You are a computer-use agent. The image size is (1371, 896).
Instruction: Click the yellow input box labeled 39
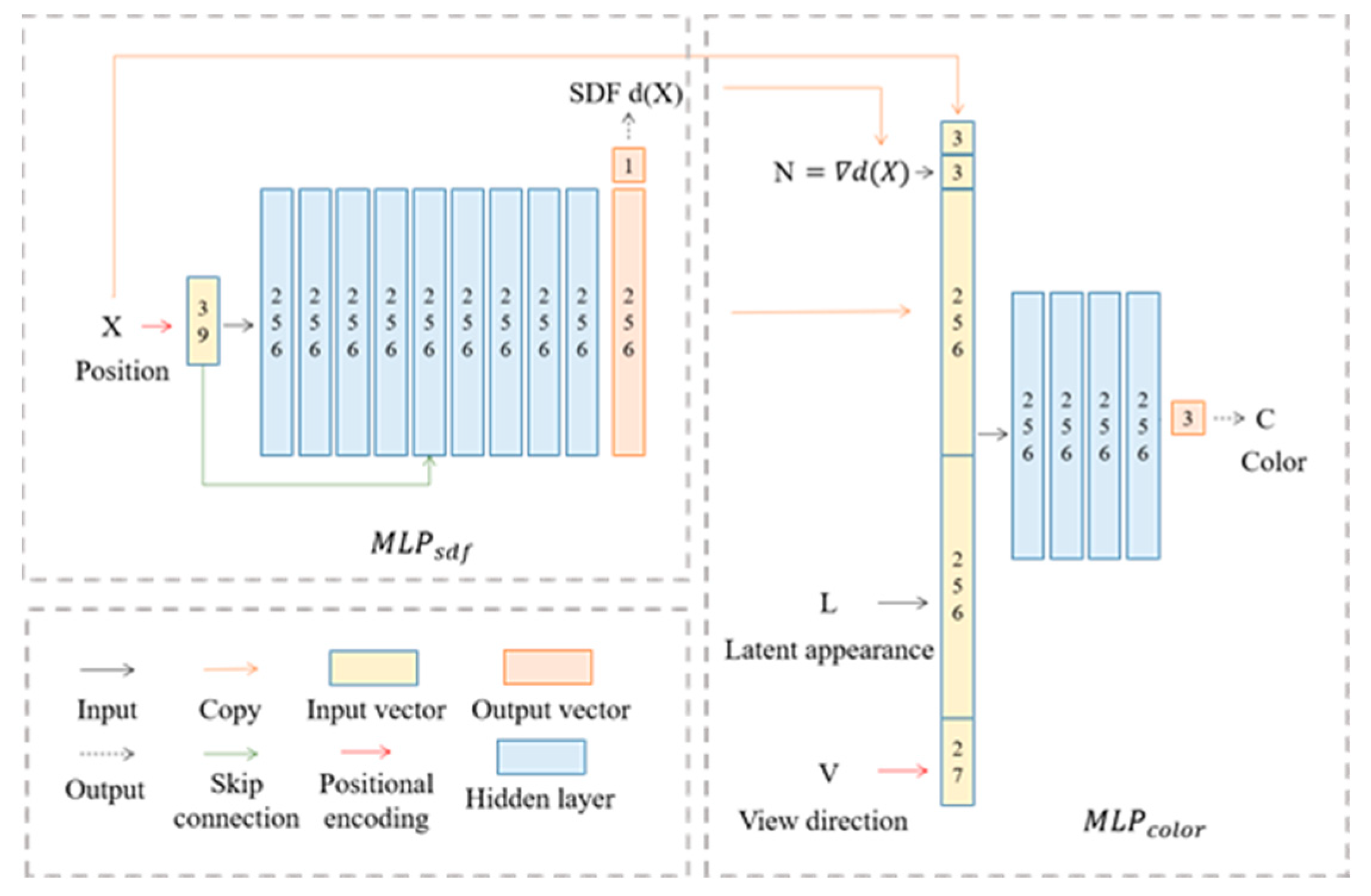click(202, 321)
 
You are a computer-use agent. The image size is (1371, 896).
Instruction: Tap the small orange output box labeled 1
click(628, 165)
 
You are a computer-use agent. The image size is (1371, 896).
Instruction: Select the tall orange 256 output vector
click(628, 322)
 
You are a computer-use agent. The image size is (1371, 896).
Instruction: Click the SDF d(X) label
click(625, 93)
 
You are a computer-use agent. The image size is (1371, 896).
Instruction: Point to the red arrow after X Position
click(157, 326)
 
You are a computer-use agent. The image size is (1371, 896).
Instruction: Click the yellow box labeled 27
click(957, 762)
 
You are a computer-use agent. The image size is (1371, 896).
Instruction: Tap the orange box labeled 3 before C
click(1188, 418)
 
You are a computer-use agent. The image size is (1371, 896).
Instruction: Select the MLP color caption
click(1143, 824)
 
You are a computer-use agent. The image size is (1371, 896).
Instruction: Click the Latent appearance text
click(828, 650)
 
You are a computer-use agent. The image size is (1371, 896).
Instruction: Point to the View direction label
click(823, 821)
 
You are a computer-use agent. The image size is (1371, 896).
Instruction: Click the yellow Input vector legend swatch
click(373, 668)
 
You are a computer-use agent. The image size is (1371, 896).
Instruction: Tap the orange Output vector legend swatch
click(547, 667)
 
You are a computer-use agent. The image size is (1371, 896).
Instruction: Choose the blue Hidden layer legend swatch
click(541, 757)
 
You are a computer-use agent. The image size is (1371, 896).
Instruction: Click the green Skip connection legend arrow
click(230, 754)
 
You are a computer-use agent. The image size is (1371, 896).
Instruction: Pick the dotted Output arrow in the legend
click(107, 754)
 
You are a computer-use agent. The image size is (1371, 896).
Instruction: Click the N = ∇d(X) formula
click(841, 173)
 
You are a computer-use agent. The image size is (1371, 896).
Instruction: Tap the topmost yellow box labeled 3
click(957, 138)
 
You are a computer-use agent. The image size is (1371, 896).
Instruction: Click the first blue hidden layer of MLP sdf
click(276, 322)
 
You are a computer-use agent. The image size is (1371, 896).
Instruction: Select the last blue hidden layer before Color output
click(1142, 425)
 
